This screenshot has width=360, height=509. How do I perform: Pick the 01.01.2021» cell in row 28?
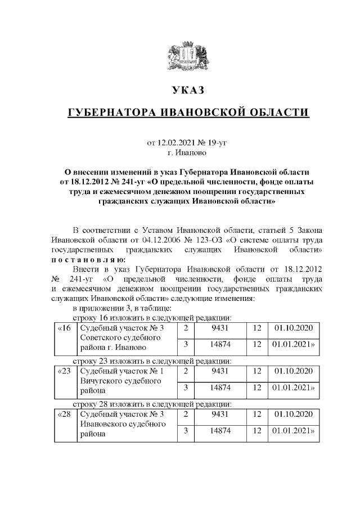tap(292, 431)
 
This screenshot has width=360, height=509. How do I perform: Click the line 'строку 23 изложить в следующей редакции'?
tap(152, 361)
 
